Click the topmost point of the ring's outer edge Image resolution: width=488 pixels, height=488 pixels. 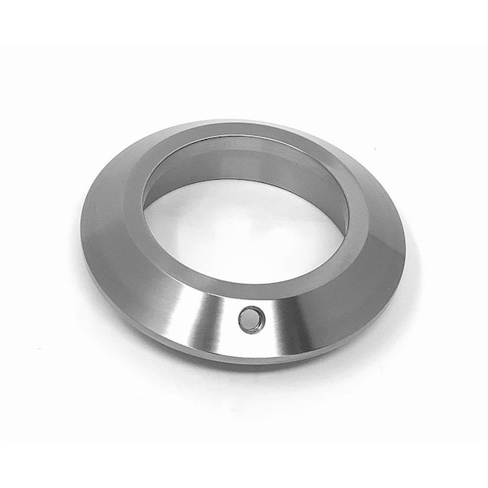[x=236, y=120]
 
